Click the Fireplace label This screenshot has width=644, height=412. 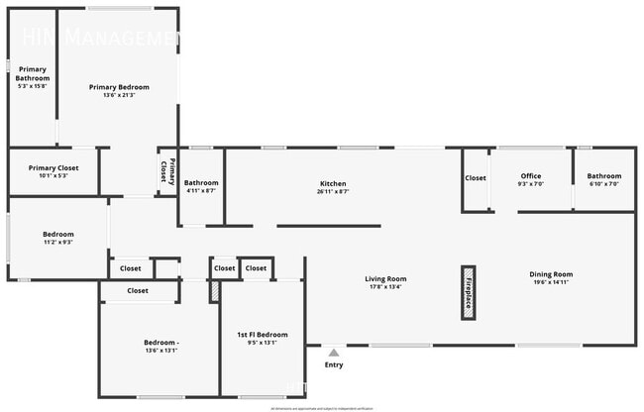click(468, 292)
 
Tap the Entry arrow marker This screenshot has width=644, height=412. click(334, 352)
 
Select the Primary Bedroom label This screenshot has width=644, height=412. click(119, 87)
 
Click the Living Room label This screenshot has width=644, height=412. click(385, 279)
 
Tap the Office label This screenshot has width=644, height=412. click(530, 176)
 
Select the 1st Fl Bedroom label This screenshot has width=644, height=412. click(262, 335)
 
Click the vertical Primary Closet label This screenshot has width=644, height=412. click(167, 170)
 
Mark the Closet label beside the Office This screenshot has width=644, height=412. click(476, 178)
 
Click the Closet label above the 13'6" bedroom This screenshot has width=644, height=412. click(138, 291)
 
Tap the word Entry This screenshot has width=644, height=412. click(334, 364)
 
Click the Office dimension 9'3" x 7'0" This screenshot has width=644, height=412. click(530, 184)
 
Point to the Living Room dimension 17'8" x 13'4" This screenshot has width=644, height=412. click(385, 287)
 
